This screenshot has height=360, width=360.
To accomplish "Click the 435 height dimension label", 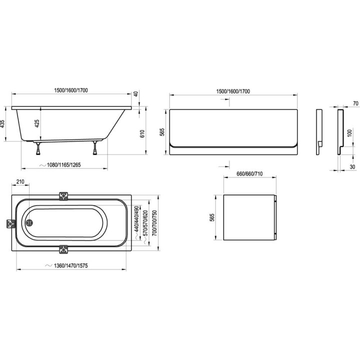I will pos(4,124).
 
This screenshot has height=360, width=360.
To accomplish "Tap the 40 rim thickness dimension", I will pos(135,94).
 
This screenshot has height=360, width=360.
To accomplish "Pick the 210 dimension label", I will pos(20,182).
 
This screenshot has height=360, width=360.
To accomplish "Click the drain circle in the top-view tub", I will pos(29,223).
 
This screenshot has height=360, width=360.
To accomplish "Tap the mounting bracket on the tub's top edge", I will pos(63,195).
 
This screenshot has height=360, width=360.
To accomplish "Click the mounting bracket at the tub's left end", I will pos(9,223).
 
